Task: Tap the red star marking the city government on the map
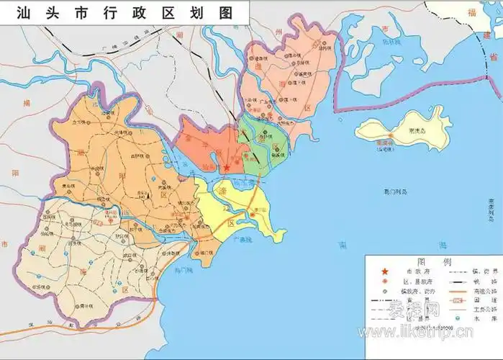point(227,168)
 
